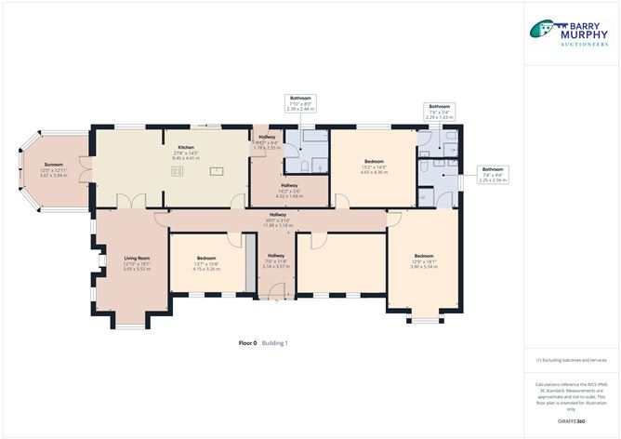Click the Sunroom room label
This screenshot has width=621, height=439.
tap(52, 172)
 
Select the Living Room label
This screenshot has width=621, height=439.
tap(138, 262)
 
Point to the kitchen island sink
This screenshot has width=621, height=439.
tap(218, 171)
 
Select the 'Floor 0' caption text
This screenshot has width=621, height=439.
tap(247, 343)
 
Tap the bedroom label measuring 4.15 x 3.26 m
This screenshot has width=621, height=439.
tap(206, 264)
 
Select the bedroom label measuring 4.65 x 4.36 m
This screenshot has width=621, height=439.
tap(375, 168)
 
